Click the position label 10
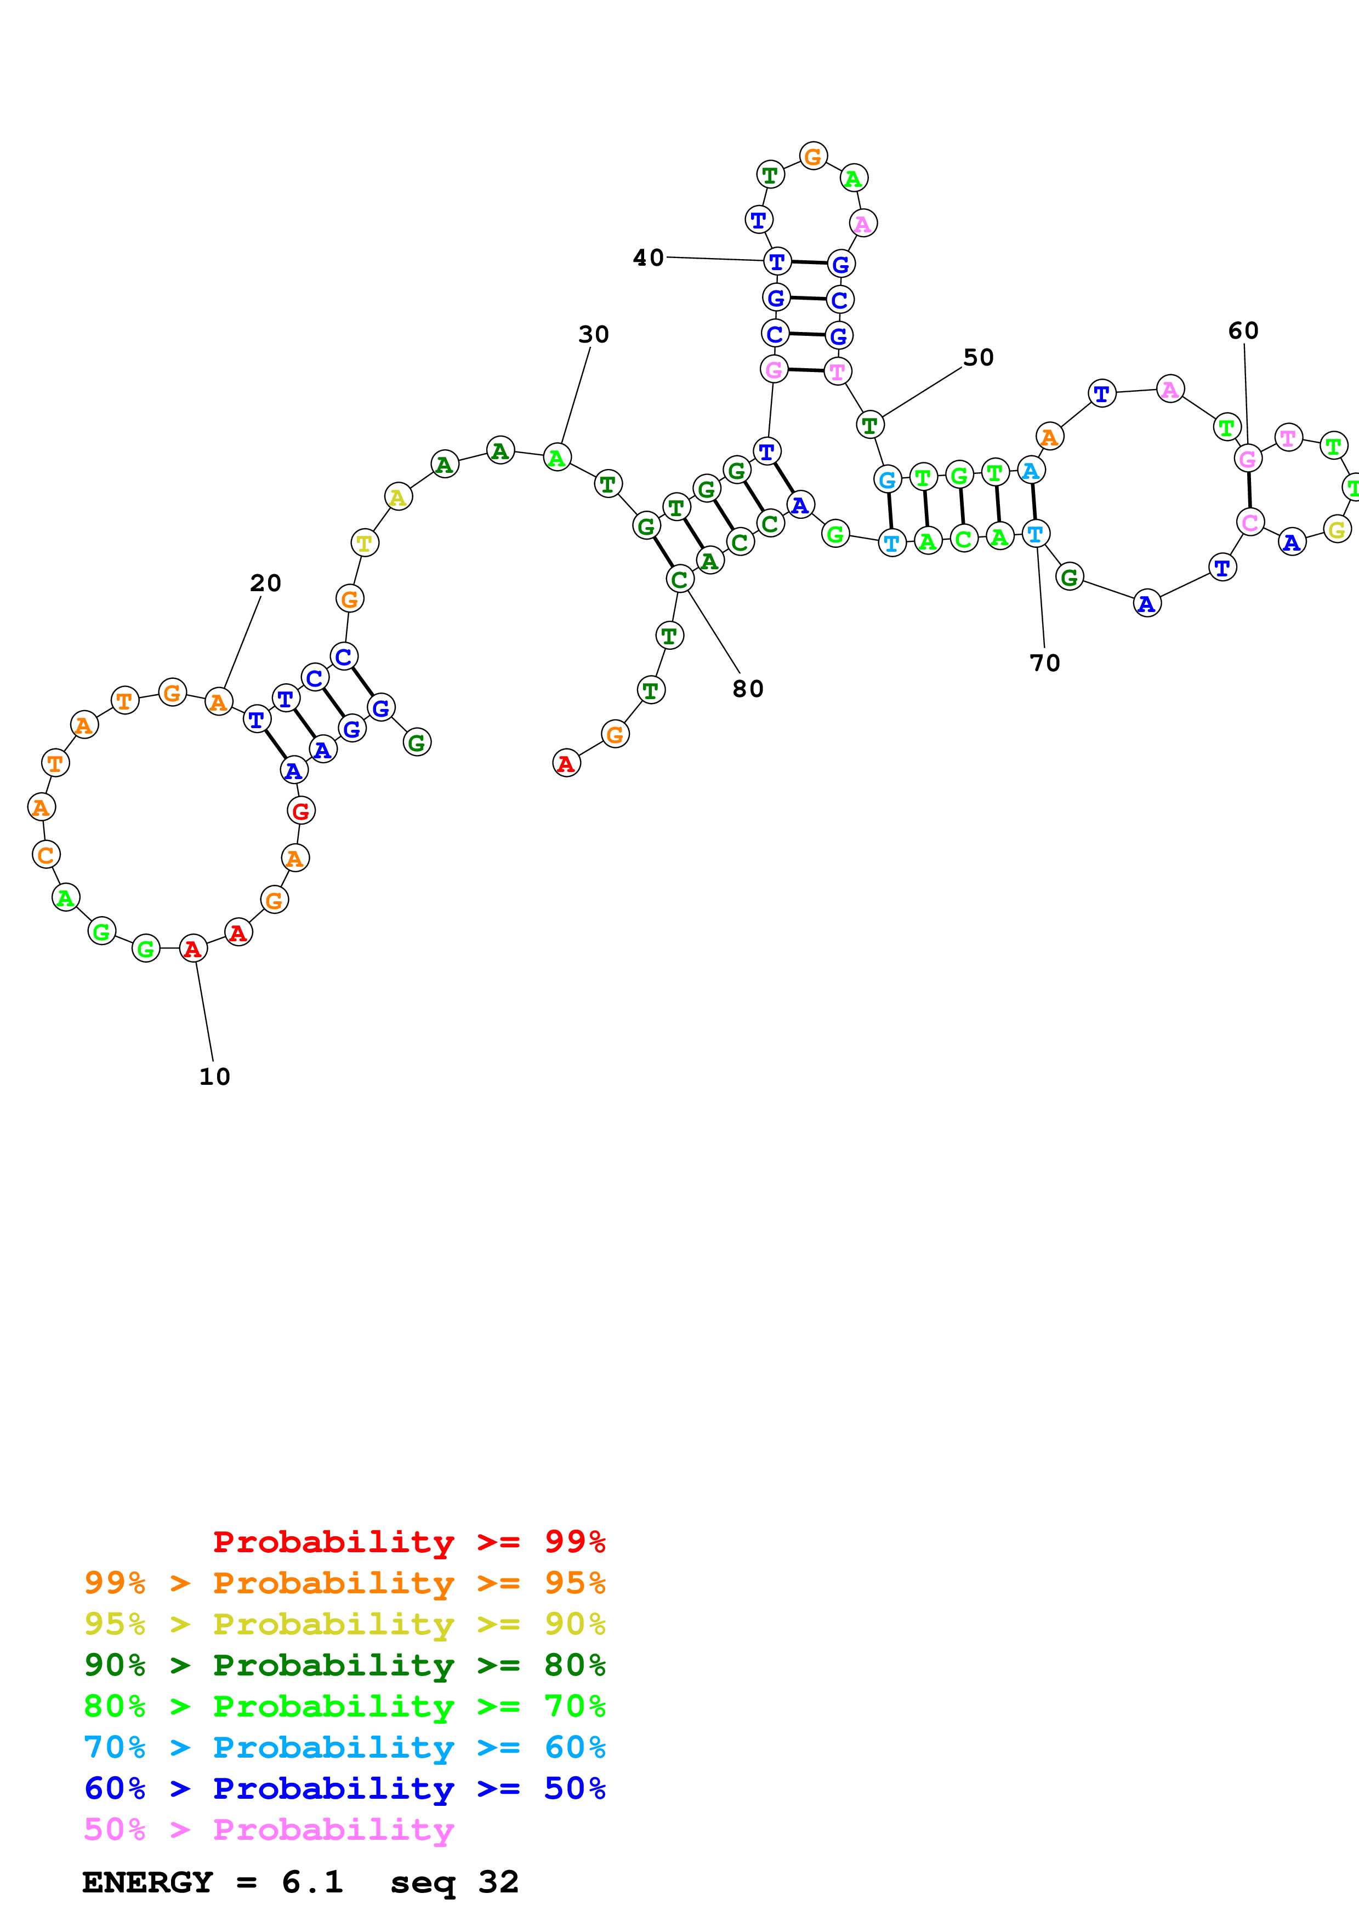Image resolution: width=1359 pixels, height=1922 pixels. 214,1077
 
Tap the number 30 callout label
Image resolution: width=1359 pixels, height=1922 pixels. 594,335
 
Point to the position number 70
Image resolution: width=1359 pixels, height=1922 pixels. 1044,663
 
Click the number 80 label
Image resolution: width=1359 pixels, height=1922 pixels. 748,689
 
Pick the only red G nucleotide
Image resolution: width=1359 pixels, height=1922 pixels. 300,810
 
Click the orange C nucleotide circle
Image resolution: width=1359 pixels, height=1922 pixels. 46,855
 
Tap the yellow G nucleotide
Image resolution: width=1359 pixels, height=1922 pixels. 1337,529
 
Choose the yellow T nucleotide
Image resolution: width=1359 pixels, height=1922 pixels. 364,542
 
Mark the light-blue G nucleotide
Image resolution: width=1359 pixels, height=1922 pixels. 888,479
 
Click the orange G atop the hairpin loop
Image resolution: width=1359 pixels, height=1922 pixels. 813,156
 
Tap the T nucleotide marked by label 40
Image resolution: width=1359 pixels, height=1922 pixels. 777,261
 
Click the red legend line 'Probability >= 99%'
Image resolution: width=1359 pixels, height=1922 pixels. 408,1542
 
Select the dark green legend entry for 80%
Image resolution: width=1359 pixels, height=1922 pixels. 344,1665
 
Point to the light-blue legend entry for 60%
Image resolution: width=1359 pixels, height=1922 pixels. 344,1747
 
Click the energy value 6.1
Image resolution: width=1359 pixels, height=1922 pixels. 312,1882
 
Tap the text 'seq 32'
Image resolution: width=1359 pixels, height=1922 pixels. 454,1882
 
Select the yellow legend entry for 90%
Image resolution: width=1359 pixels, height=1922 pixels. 344,1624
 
